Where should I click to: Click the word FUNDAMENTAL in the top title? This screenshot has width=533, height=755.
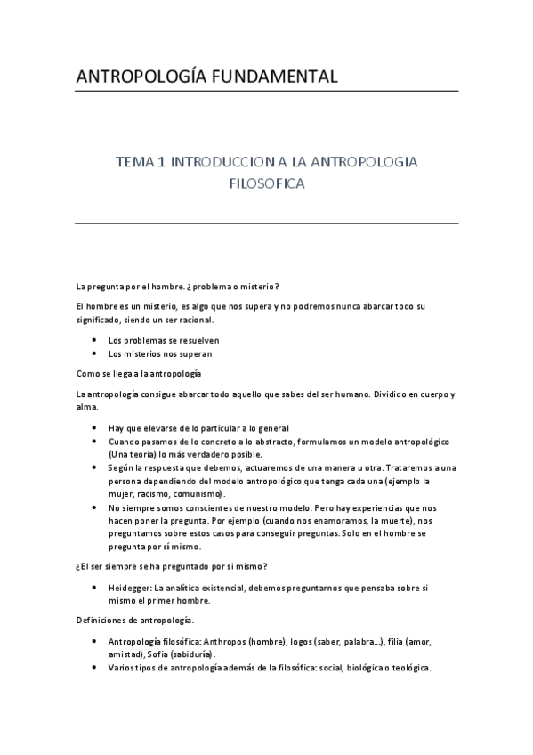pos(271,77)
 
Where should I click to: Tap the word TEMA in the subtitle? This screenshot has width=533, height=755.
pos(136,163)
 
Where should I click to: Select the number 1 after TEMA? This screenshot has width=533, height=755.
pos(161,163)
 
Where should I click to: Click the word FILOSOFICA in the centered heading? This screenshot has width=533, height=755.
pos(267,185)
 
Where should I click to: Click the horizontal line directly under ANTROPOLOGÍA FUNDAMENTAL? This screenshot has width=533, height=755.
pos(267,91)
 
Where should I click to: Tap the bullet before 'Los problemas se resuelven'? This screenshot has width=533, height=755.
pos(94,339)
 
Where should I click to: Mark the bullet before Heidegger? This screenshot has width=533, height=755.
pos(94,588)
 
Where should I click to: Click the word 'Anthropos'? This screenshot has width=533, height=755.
pos(227,641)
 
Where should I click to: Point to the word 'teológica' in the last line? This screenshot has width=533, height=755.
pos(410,669)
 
